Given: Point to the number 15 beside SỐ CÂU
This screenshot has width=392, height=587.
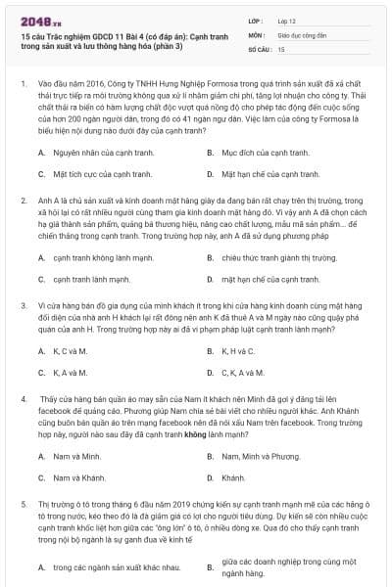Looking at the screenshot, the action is point(281,48).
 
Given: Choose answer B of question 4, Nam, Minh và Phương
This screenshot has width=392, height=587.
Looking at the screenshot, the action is point(257,456).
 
